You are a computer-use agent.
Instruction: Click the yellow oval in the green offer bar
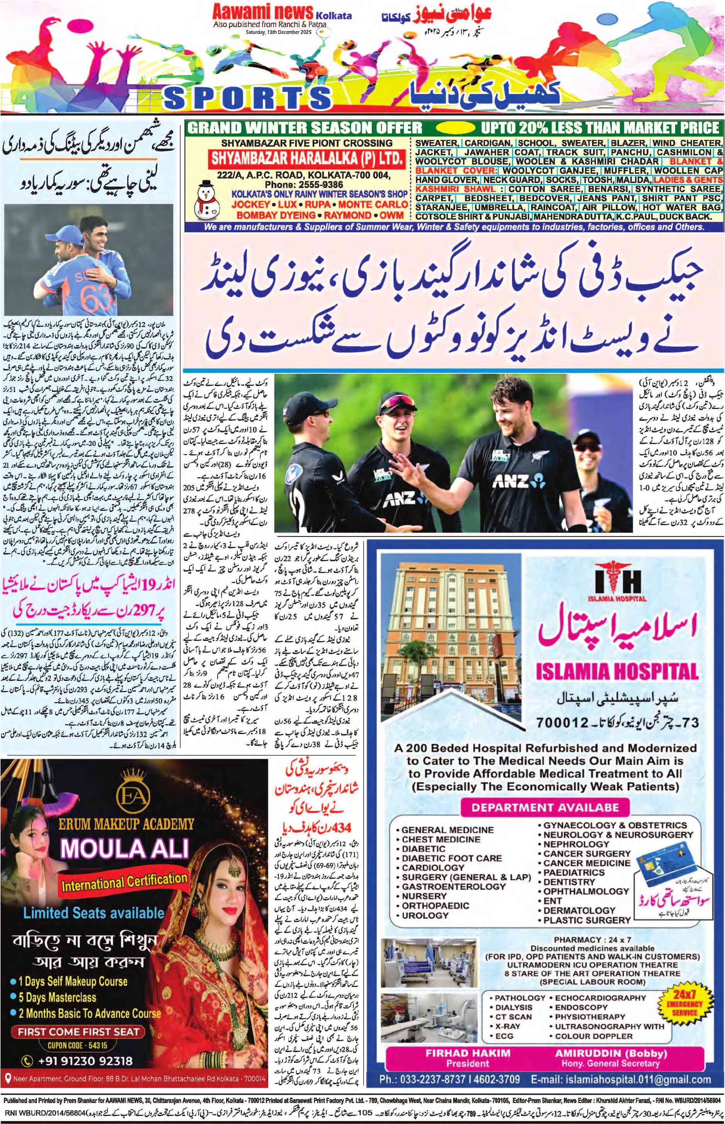point(456,127)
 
